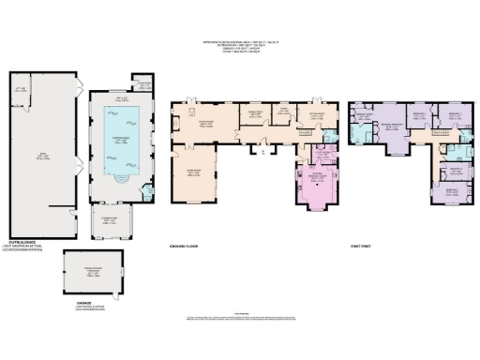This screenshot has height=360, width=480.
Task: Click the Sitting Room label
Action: tap(316, 117)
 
